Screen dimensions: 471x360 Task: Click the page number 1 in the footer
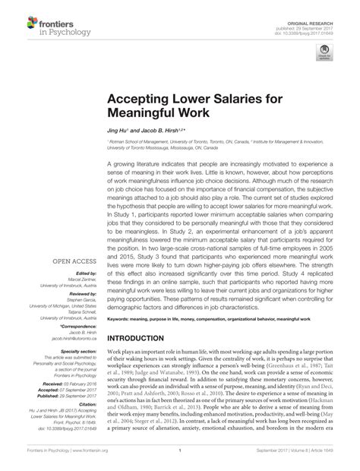click(177, 460)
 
